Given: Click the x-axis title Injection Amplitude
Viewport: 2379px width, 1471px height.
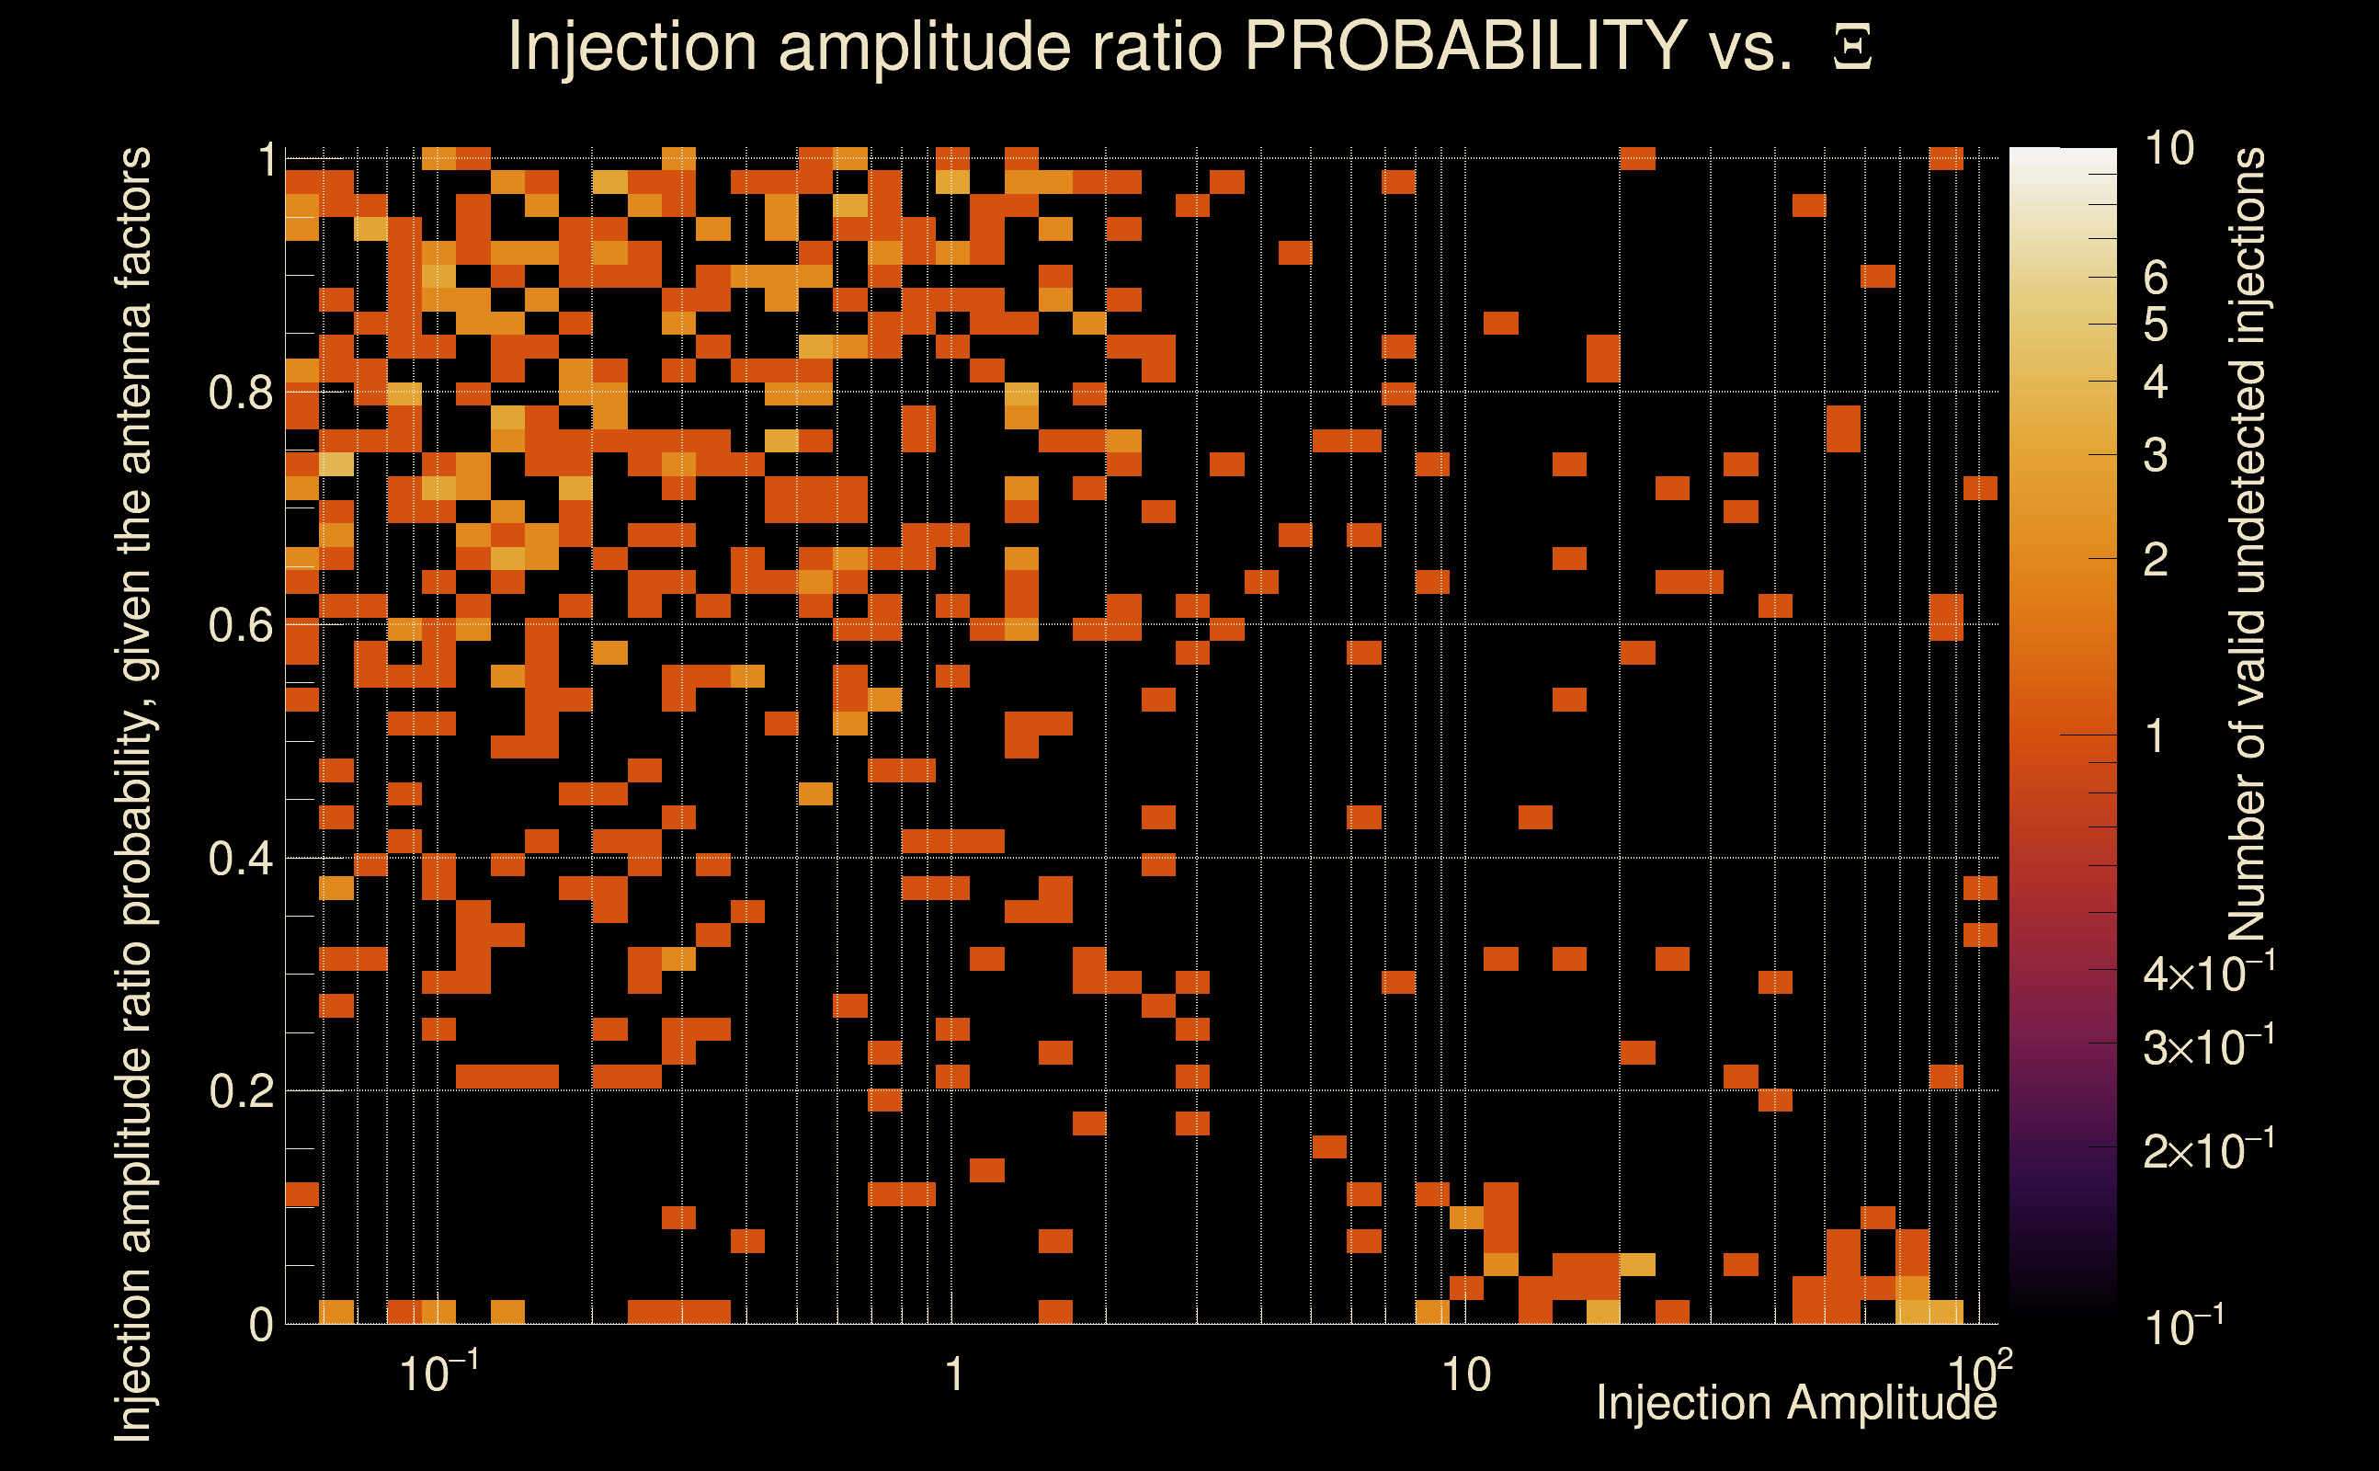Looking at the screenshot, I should click(x=1795, y=1403).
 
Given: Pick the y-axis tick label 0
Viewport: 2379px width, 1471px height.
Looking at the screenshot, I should click(x=261, y=1325).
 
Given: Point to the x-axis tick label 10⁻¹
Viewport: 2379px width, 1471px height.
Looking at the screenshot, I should click(x=438, y=1372).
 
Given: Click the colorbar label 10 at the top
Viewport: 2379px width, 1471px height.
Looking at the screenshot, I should click(x=2168, y=149).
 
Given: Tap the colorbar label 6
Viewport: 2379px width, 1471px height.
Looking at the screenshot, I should click(x=2156, y=279).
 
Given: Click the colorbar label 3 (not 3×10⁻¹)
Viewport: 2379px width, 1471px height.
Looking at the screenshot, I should click(x=2156, y=455).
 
